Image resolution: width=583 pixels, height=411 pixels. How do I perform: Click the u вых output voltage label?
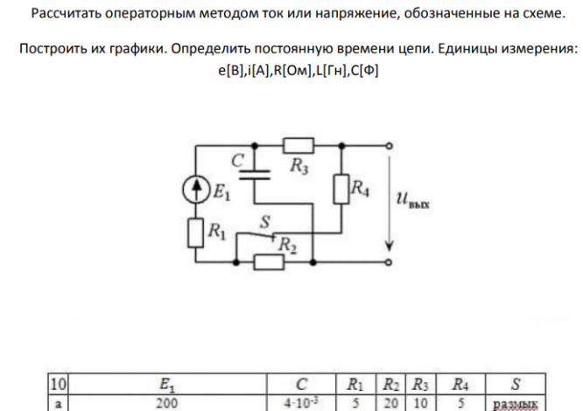(415, 207)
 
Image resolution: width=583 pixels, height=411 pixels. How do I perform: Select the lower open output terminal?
(384, 261)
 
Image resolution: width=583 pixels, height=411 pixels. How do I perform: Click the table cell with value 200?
(165, 403)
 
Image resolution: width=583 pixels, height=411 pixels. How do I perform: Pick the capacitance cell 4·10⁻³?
(301, 403)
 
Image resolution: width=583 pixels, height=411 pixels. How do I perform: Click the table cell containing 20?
(384, 403)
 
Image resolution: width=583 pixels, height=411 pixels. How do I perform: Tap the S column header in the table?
(516, 383)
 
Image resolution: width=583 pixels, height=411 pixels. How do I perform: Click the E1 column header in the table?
(166, 383)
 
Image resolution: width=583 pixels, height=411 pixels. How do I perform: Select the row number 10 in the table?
(59, 383)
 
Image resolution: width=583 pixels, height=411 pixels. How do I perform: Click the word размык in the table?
(516, 404)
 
